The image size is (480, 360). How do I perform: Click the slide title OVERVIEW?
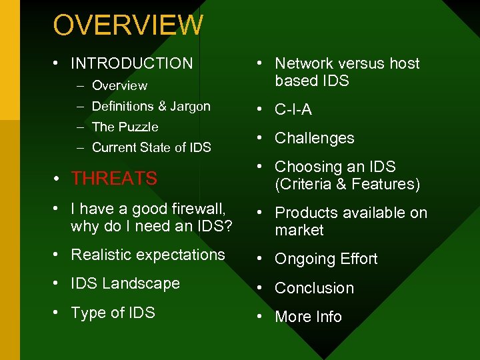pos(128,25)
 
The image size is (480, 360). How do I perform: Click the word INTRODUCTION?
pos(131,63)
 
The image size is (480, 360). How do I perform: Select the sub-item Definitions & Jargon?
pos(151,106)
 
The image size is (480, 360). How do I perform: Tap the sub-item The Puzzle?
pos(125,127)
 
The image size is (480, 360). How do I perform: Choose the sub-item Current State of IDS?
pos(151,147)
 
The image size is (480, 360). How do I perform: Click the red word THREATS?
pos(114,179)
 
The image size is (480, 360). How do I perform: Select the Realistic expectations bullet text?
pos(147,255)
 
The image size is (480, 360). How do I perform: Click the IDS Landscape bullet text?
pos(125,283)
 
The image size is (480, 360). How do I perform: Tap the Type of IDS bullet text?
pos(113,313)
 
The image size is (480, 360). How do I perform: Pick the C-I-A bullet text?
pos(293,109)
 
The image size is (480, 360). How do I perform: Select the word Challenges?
pos(314,138)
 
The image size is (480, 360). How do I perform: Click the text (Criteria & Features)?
pos(347,184)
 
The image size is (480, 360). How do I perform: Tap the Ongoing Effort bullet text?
pos(326,259)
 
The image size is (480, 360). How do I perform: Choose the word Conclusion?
pos(314,288)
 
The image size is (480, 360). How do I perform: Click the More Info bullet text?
pos(308,317)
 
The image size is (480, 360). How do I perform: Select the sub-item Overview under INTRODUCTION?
pos(119,85)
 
